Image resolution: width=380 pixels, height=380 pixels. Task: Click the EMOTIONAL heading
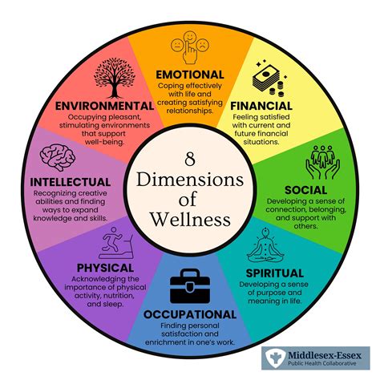pos(190,75)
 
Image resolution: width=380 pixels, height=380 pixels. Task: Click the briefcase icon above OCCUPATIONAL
pos(190,285)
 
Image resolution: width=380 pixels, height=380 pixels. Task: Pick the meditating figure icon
pos(269,245)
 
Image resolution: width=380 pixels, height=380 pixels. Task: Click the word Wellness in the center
pos(190,217)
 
